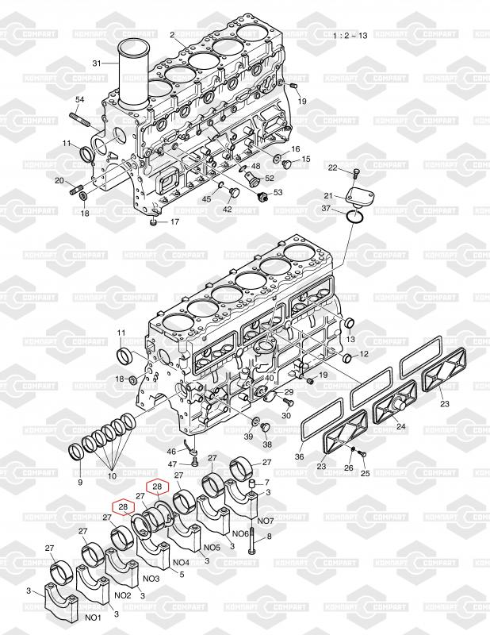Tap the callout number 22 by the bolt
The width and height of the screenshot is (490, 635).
click(x=332, y=167)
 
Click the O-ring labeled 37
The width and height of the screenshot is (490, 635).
click(x=356, y=216)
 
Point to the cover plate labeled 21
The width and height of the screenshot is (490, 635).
click(x=360, y=197)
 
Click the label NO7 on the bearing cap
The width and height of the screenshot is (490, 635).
click(x=266, y=521)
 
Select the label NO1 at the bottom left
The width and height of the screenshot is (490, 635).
click(x=93, y=618)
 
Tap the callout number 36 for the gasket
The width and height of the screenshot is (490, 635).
click(x=299, y=457)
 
